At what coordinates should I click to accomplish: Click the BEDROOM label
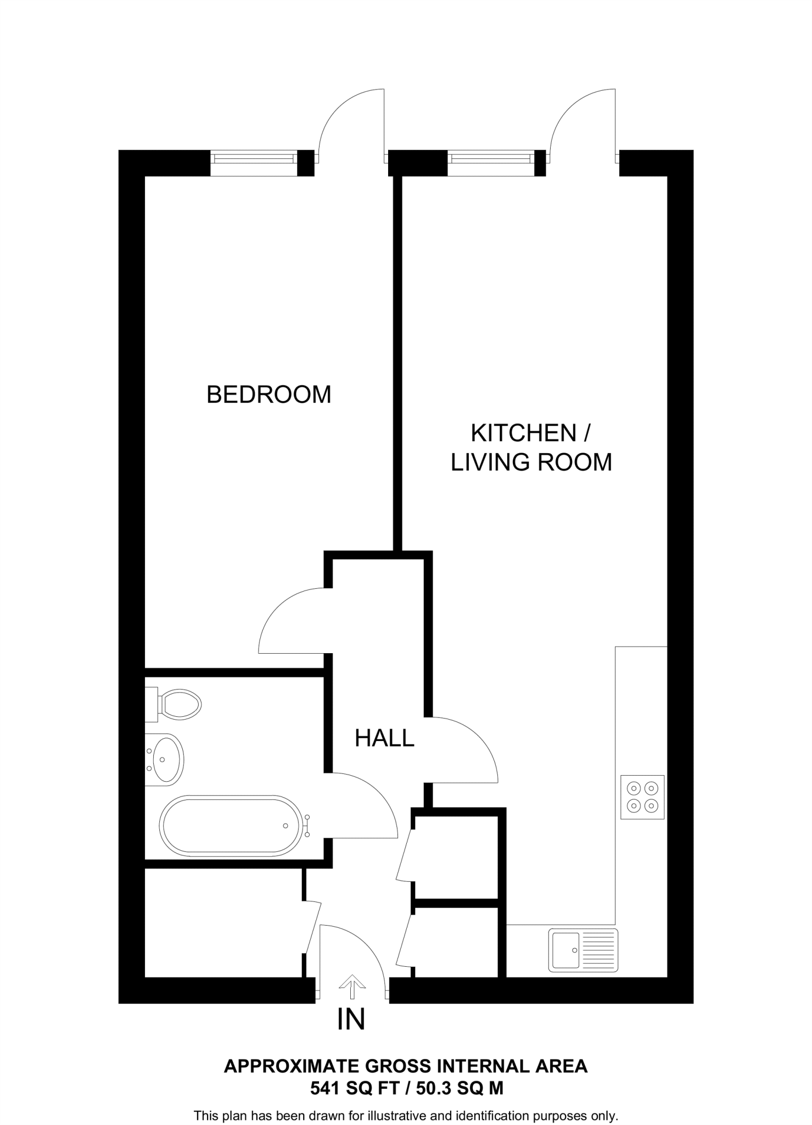pyautogui.click(x=268, y=394)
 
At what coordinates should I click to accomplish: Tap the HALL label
pyautogui.click(x=384, y=738)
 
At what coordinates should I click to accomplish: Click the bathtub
pyautogui.click(x=231, y=826)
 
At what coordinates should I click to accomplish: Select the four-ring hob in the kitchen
pyautogui.click(x=642, y=797)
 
